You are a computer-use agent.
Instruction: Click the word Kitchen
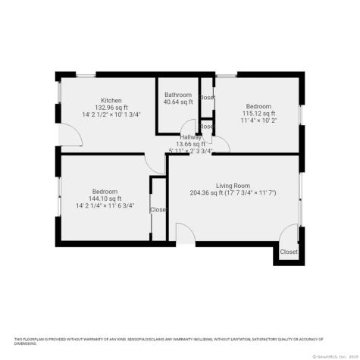(111, 100)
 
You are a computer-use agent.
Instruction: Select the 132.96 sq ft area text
(111, 107)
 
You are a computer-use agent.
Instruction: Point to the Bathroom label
(179, 95)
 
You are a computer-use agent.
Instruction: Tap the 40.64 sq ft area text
(179, 102)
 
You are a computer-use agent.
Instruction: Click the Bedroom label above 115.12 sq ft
(258, 106)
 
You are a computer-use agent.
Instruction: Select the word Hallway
(190, 136)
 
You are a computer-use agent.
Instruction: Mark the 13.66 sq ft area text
(190, 144)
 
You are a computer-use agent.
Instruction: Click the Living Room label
(233, 186)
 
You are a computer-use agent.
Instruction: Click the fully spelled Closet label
(289, 252)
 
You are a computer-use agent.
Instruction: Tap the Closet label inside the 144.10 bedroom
(158, 210)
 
